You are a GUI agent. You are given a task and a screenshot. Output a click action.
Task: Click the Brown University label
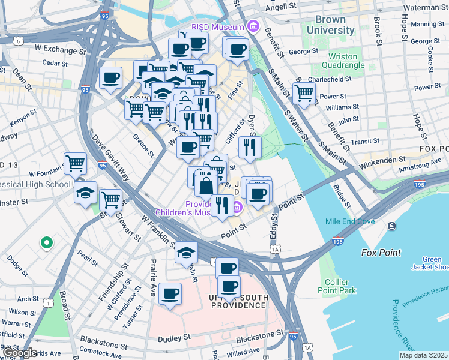330,25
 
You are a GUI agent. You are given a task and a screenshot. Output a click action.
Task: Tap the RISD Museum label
217,28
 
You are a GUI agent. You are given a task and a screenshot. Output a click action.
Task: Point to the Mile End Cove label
350,221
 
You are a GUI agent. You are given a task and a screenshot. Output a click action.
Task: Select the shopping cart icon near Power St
304,93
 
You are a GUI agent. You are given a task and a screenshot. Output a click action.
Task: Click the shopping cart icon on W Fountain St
76,162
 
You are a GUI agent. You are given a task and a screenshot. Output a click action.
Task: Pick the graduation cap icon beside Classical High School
86,193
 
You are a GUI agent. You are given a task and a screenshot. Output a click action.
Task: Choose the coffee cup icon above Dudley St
170,293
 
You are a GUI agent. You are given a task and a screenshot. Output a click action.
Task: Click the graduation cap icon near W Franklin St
187,251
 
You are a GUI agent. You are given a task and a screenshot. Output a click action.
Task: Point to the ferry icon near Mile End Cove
391,226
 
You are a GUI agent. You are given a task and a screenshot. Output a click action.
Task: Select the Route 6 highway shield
19,41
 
